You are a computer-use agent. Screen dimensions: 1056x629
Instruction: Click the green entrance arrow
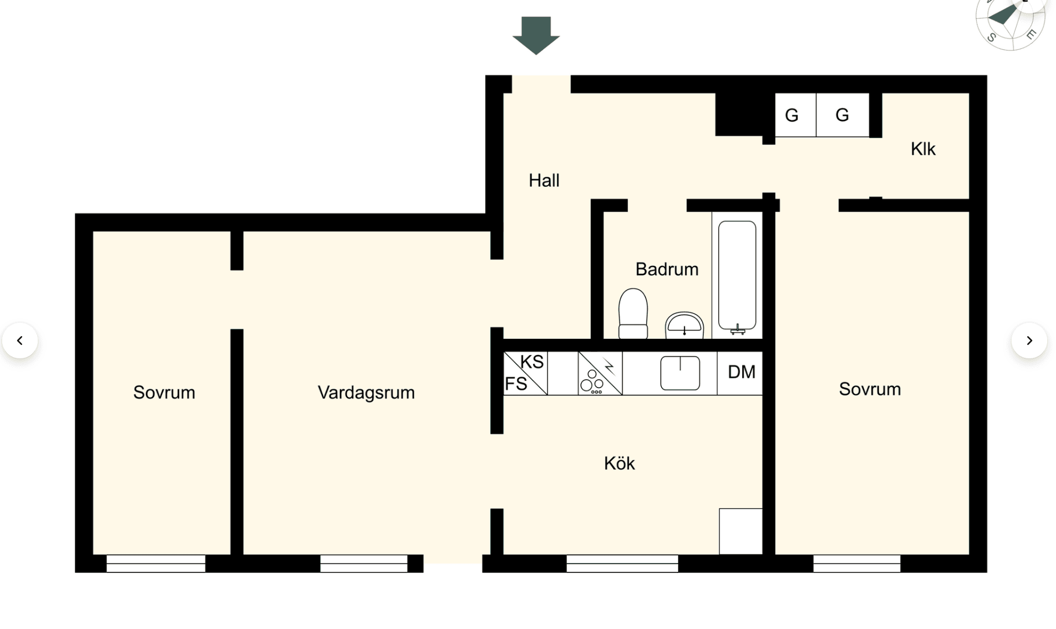536,35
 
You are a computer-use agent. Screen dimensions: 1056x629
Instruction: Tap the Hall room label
544,181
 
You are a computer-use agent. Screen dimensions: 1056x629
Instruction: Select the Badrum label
667,270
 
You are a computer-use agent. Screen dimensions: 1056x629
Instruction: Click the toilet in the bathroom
633,313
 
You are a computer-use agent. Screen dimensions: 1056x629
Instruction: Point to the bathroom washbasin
684,326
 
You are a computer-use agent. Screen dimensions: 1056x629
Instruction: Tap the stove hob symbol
600,373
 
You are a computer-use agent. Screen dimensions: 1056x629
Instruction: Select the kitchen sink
680,373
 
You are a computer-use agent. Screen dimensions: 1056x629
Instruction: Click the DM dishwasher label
742,372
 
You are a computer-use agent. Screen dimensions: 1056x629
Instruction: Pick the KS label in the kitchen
532,362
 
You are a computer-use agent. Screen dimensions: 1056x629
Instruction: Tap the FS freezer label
516,384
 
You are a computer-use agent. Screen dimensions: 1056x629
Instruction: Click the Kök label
620,464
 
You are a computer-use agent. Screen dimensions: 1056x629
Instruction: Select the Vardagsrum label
366,393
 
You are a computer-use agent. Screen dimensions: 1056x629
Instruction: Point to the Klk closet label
923,149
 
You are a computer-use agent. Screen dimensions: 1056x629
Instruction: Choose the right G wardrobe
842,115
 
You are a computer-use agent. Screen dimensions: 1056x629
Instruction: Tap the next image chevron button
1029,341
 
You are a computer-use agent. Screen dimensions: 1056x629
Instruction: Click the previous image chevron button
20,341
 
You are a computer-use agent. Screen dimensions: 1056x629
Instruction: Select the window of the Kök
622,564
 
